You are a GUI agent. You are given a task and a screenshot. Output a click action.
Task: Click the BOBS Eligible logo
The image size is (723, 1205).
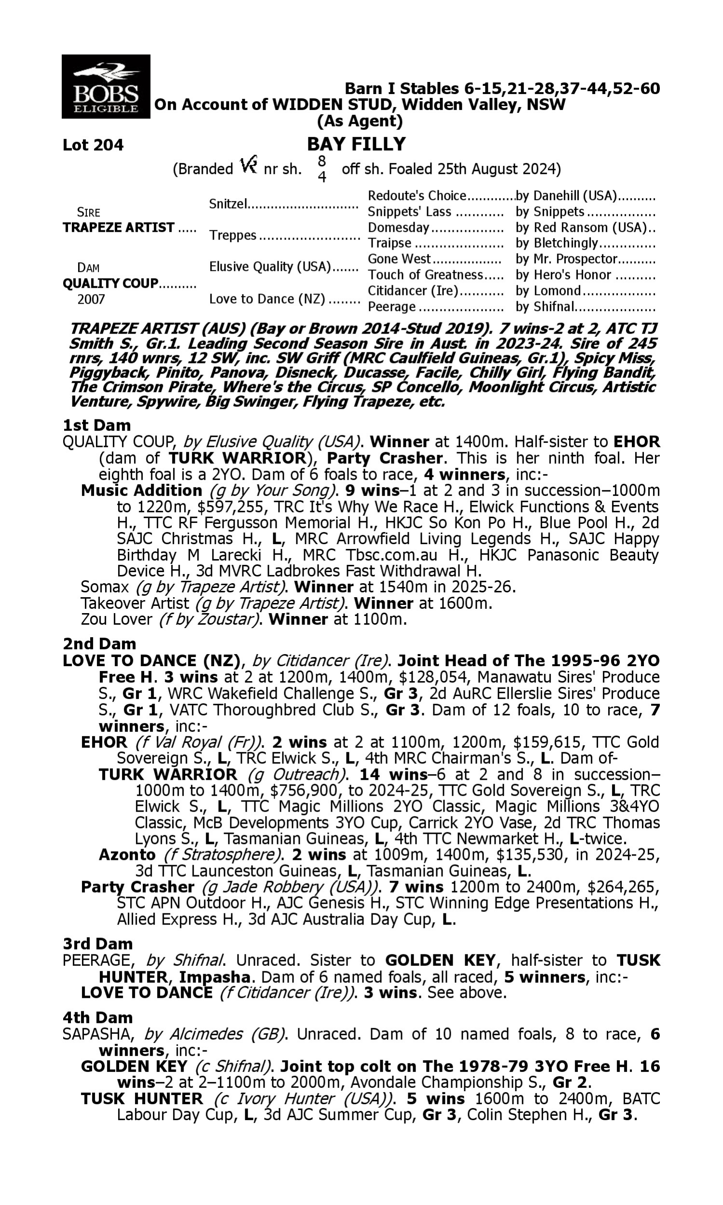coord(106,86)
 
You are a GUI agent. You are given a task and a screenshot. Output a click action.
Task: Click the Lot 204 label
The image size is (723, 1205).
coord(93,145)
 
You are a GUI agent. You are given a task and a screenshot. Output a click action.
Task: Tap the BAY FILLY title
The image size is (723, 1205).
coord(356,144)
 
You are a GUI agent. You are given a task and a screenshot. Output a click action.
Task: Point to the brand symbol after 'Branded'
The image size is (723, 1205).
coord(248,166)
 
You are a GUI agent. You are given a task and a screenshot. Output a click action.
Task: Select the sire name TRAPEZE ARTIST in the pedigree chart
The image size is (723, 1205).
coord(119,228)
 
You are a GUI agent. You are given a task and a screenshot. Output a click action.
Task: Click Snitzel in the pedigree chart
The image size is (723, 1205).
coord(228,203)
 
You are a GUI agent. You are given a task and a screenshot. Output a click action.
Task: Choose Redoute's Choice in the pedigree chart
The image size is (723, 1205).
coord(417,196)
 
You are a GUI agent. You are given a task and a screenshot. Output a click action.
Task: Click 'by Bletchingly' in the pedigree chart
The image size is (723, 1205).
coord(556,243)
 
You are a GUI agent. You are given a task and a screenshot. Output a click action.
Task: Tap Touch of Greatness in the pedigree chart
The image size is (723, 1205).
coord(425,275)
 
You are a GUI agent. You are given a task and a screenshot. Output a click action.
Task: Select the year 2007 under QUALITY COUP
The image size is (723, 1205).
coord(91,299)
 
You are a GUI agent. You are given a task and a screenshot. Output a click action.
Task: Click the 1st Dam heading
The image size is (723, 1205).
coord(96,425)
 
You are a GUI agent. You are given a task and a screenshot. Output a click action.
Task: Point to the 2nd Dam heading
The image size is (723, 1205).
coord(99,644)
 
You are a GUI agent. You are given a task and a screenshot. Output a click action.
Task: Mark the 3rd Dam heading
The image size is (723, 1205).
coord(97,944)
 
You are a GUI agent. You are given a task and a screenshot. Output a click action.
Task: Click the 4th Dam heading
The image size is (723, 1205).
coord(97,1018)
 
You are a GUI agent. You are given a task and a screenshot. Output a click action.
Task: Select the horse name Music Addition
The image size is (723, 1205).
coord(141,491)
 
